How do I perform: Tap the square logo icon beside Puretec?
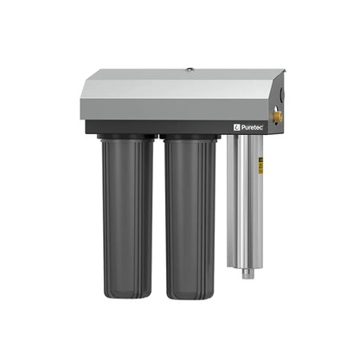235,126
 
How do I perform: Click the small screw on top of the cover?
188,67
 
